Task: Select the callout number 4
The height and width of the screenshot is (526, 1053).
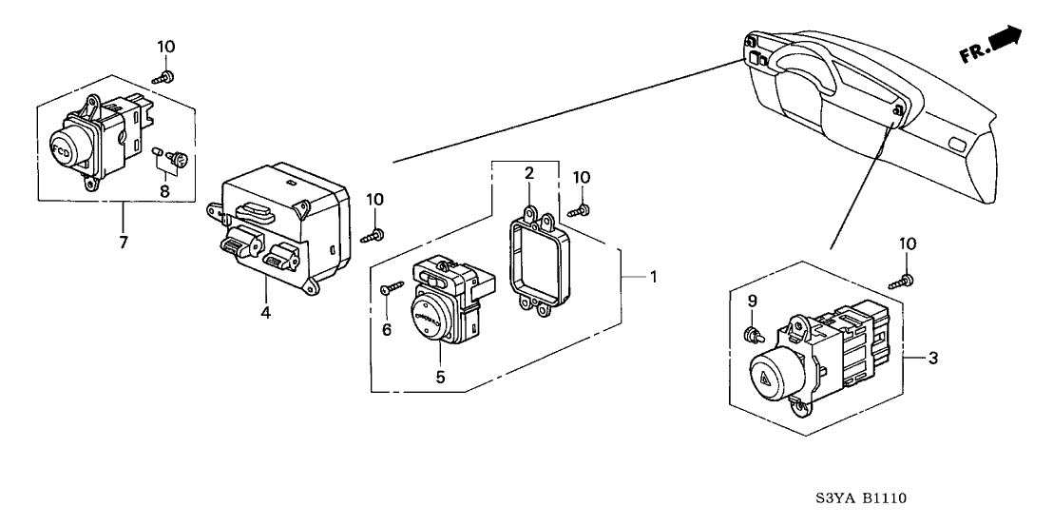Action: click(266, 312)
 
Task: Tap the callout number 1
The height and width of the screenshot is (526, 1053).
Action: click(653, 277)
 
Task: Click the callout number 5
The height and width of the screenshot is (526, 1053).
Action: click(440, 377)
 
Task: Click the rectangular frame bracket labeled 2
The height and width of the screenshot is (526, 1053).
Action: click(536, 258)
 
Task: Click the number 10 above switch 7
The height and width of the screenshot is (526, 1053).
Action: click(166, 47)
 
